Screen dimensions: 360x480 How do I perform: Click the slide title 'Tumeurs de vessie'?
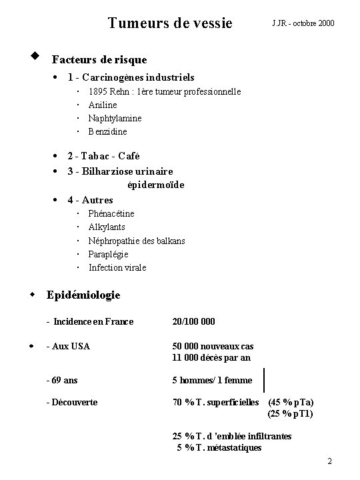(x=170, y=23)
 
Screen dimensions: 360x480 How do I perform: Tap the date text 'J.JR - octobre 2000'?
(x=303, y=24)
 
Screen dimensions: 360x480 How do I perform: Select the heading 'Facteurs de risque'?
(x=99, y=60)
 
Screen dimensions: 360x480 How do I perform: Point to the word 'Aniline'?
(x=103, y=105)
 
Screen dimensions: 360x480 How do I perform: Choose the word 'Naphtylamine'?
(x=115, y=118)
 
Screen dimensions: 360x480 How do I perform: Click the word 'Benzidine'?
(x=107, y=131)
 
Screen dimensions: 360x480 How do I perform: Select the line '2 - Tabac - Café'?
(x=103, y=156)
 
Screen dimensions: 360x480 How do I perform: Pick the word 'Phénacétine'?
(x=111, y=213)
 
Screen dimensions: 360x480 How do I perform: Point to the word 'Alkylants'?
(x=107, y=227)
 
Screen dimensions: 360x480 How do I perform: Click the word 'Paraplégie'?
(x=109, y=254)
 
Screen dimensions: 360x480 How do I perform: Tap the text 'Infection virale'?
(x=117, y=267)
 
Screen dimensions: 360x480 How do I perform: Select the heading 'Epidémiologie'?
(x=83, y=295)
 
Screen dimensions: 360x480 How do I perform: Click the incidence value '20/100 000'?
(x=193, y=322)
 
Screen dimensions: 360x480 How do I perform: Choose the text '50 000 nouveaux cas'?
(x=213, y=346)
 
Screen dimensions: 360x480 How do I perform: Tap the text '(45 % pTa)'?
(x=291, y=402)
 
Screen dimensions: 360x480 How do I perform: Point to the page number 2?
(x=330, y=462)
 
